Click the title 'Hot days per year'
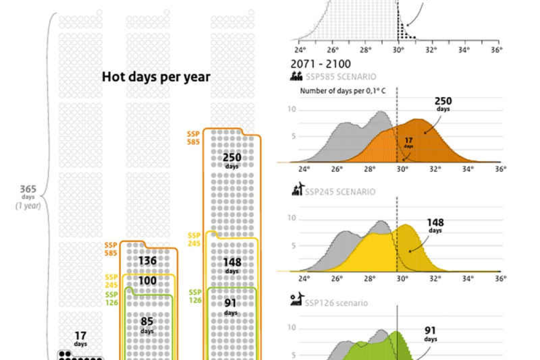coord(156,77)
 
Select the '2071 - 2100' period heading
coord(321,64)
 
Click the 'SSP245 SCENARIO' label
coord(340,191)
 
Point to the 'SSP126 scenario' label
coord(336,303)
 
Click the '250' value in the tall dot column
coord(232,158)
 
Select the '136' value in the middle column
coord(147,261)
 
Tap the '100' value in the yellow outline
coord(147,280)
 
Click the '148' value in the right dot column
coord(232,262)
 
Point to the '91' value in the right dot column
coord(231,303)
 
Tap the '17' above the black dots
coord(81,336)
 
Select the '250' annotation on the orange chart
coord(443,101)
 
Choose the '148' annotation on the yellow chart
coord(435,223)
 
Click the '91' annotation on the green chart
coord(431,331)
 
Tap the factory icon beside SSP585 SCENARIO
coord(297,76)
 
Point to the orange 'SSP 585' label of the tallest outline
coord(193,138)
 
